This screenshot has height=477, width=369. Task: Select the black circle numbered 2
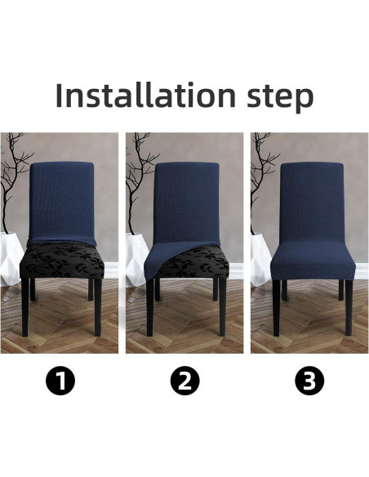point(184,381)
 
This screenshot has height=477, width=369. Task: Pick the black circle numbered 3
point(309,381)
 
